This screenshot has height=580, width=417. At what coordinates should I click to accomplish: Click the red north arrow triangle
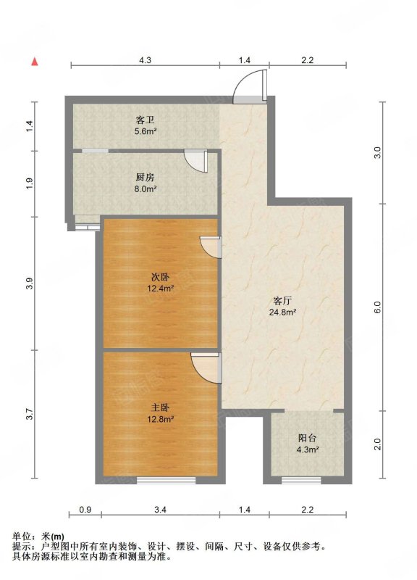pos(35,62)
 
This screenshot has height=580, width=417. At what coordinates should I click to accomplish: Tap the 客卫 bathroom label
pos(146,120)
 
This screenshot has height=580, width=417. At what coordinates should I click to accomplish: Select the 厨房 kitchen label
pos(146,178)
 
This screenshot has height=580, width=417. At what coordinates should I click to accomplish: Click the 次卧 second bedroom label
pos(160,277)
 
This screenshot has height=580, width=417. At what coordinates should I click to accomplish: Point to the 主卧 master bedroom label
pos(160,408)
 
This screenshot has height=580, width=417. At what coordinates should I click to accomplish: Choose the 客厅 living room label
pos(282,301)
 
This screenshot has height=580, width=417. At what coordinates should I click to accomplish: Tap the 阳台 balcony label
pos(307,439)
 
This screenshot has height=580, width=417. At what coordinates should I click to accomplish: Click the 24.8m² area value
pos(282,312)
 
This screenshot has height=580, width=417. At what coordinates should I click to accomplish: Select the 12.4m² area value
pos(160,289)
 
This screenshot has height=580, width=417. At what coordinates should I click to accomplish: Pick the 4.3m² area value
pos(308,449)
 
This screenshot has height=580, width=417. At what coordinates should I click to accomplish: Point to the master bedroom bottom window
pos(167,481)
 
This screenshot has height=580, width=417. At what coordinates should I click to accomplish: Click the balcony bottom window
pos(301,481)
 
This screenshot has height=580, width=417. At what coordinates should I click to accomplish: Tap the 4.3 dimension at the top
pos(146,60)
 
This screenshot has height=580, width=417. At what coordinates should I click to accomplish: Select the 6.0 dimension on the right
pos(376,307)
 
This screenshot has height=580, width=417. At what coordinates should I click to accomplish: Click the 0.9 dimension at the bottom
pos(85,510)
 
